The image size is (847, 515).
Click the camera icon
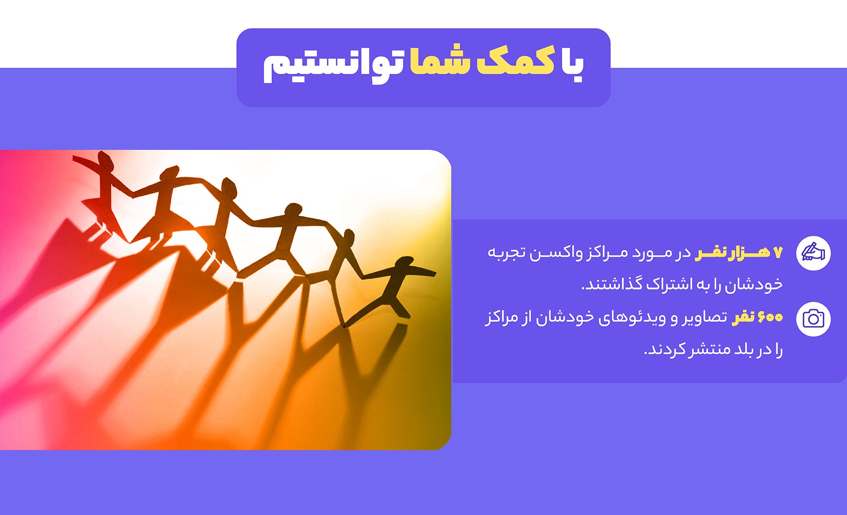(x=813, y=319)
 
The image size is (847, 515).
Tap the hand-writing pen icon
(x=813, y=253)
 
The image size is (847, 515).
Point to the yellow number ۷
(x=777, y=253)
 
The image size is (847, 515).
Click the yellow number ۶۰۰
(x=770, y=317)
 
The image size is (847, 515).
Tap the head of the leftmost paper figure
(x=106, y=159)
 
